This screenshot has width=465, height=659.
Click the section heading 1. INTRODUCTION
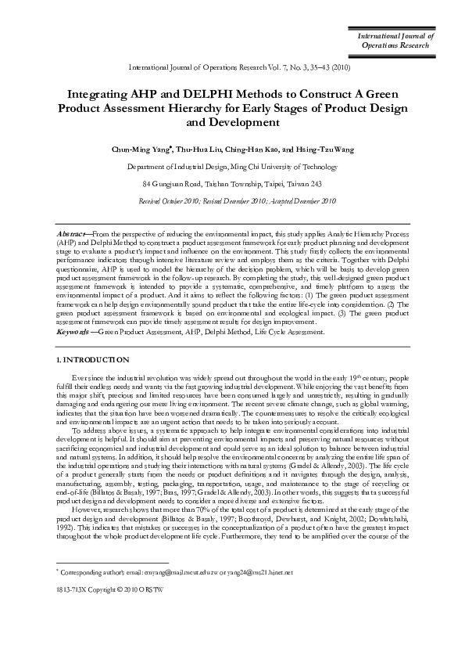[x=88, y=359]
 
